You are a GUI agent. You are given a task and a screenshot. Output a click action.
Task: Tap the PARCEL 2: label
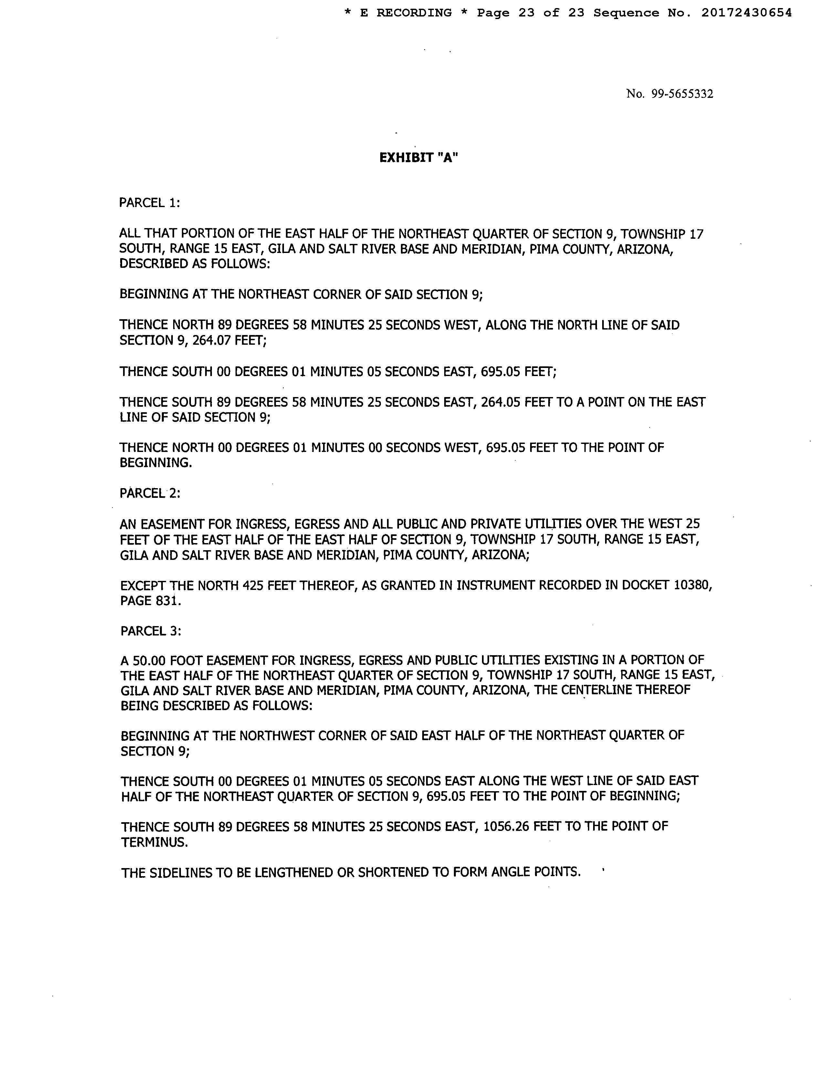150,493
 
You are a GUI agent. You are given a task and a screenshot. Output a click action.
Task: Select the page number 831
169,601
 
